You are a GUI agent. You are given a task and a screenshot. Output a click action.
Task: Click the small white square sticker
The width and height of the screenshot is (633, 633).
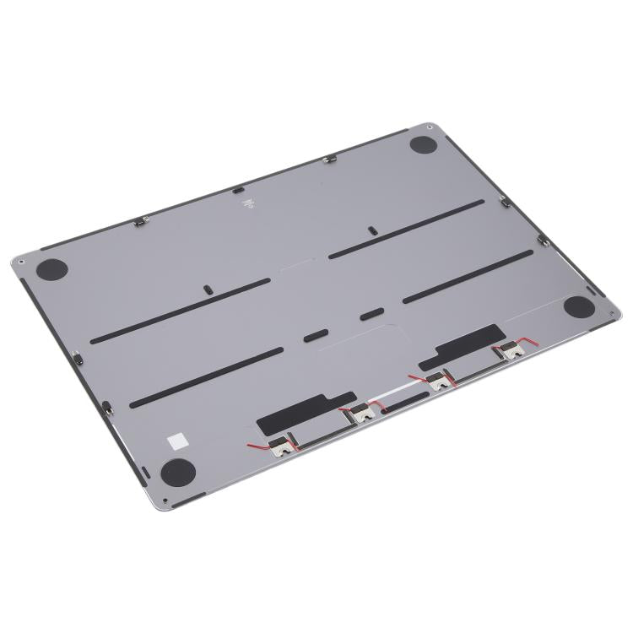[x=178, y=440]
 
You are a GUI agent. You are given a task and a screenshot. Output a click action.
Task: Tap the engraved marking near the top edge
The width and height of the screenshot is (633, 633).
[x=246, y=203]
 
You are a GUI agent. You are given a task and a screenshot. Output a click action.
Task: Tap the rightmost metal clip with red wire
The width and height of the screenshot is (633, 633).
[x=507, y=352]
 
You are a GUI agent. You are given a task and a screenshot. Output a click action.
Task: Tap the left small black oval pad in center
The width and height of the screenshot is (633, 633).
[x=313, y=334]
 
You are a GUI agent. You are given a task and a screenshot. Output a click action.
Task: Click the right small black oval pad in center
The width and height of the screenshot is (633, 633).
[x=369, y=315]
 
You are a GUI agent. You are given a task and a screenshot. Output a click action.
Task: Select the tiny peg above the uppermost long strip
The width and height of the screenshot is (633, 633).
[x=371, y=230]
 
